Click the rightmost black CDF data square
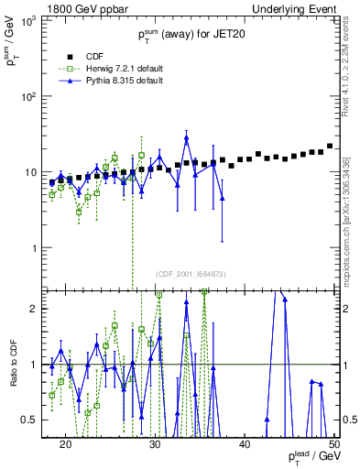[330, 147]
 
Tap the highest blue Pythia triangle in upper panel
[187, 138]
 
